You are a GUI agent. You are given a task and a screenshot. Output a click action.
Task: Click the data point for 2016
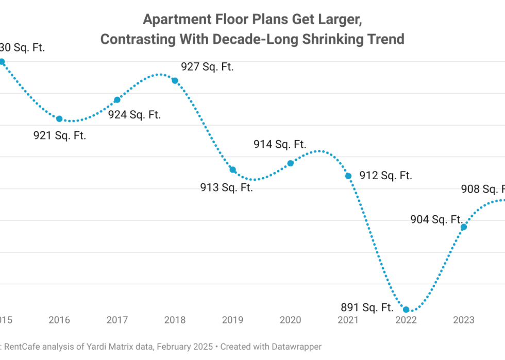(59, 119)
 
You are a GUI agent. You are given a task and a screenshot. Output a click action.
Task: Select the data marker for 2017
(117, 100)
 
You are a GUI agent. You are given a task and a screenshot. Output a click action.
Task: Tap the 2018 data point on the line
(175, 80)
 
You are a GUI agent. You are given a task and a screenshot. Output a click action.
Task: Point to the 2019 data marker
(232, 170)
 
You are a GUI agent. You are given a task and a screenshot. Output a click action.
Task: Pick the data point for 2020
(290, 163)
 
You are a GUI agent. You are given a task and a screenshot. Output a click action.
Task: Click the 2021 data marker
(348, 176)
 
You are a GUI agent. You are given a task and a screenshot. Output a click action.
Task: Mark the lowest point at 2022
(406, 310)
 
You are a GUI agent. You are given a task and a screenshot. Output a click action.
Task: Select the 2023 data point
(464, 227)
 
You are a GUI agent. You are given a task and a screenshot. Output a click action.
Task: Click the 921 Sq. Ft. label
(59, 136)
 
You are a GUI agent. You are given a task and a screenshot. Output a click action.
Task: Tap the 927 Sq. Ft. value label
(207, 67)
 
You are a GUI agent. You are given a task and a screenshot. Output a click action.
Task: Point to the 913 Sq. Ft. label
(227, 187)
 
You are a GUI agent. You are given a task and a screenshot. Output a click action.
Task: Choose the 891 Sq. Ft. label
(367, 308)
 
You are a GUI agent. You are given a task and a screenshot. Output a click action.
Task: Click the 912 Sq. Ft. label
(385, 176)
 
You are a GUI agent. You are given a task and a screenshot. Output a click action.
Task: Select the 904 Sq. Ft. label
(435, 220)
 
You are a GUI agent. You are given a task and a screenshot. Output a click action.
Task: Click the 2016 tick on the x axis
(59, 320)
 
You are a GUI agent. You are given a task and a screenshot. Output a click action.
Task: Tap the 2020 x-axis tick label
(290, 320)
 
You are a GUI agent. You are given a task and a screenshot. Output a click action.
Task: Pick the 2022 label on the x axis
(406, 320)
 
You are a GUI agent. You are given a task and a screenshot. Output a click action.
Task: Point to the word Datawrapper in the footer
(294, 347)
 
